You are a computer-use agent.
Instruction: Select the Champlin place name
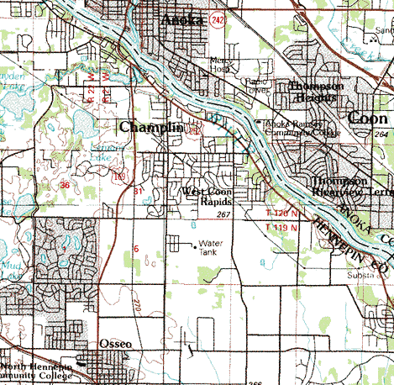pyautogui.click(x=150, y=127)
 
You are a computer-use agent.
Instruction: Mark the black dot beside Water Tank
pyautogui.click(x=195, y=247)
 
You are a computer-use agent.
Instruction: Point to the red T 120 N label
pyautogui.click(x=281, y=214)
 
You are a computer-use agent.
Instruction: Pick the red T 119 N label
pyautogui.click(x=281, y=227)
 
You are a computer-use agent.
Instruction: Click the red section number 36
pyautogui.click(x=65, y=183)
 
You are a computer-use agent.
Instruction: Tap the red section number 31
pyautogui.click(x=138, y=192)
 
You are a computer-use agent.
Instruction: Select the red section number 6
pyautogui.click(x=135, y=249)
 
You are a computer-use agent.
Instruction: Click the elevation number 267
pyautogui.click(x=223, y=215)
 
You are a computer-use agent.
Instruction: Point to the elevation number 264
pyautogui.click(x=382, y=134)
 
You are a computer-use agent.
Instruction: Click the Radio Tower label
pyautogui.click(x=255, y=86)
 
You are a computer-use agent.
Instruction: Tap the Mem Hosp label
pyautogui.click(x=219, y=66)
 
